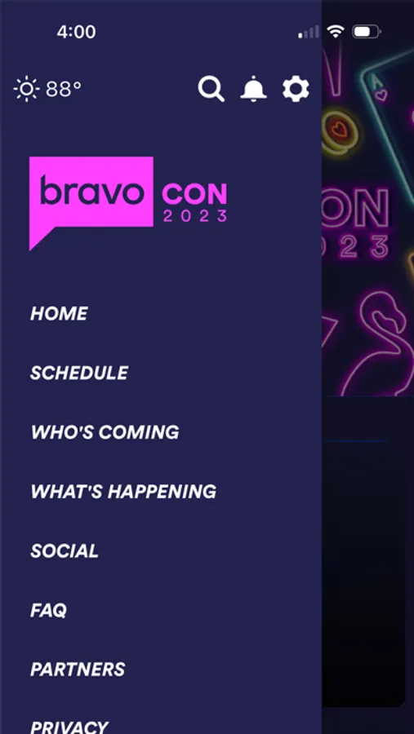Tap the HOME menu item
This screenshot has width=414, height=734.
[59, 314]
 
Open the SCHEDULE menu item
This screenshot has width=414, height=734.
[79, 373]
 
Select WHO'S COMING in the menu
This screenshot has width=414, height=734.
[105, 432]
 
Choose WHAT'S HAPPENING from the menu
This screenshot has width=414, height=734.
[124, 492]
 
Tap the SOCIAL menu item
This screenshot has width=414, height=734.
[65, 551]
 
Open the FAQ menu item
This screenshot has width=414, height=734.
[49, 610]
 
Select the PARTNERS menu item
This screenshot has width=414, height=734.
[78, 670]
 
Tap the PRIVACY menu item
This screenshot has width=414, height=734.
[69, 727]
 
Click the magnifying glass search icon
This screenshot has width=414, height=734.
[211, 88]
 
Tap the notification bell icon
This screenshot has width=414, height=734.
[254, 88]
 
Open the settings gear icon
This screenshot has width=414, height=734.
[296, 88]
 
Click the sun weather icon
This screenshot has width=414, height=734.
[27, 88]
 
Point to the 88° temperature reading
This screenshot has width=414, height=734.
[64, 88]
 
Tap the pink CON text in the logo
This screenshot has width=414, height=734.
[194, 194]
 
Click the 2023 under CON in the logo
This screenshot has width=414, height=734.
[195, 216]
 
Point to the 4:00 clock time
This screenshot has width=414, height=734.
[77, 32]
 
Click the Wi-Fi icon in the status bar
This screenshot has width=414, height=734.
[336, 31]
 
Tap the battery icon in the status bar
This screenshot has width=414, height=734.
[367, 31]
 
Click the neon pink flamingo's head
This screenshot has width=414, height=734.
[386, 310]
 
